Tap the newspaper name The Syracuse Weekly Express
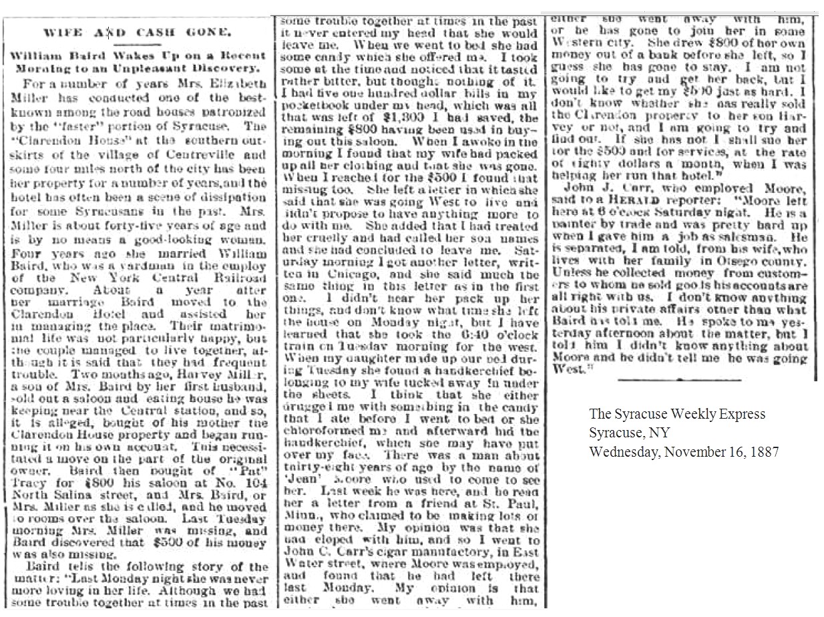(x=677, y=415)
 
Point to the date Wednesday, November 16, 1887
(x=684, y=451)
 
